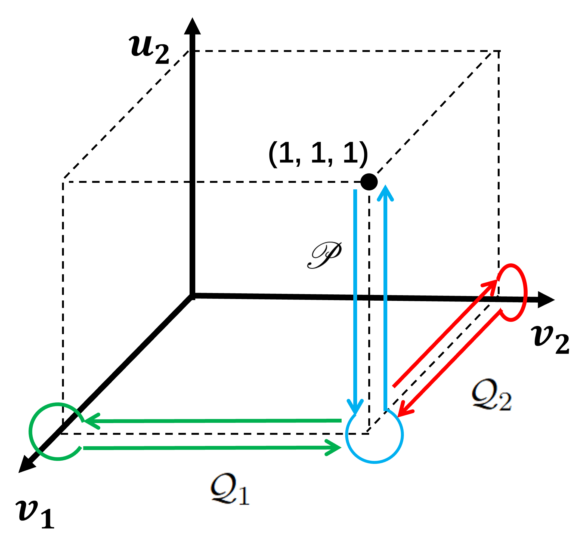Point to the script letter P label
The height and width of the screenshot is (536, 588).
(x=324, y=254)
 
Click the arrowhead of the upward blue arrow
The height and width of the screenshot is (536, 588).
(x=385, y=193)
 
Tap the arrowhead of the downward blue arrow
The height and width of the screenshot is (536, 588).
(x=355, y=407)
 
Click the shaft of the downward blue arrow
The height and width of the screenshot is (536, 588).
(x=355, y=292)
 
